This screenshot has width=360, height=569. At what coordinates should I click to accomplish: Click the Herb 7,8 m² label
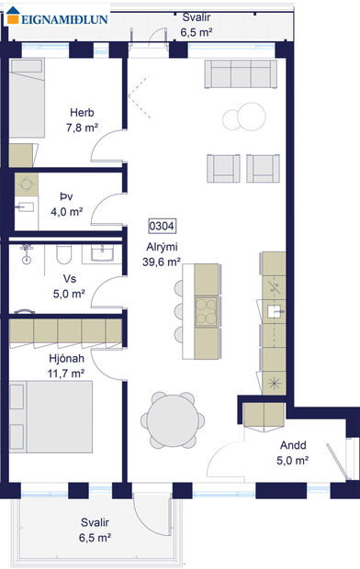pyautogui.click(x=82, y=120)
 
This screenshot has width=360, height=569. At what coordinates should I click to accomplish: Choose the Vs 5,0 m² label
pyautogui.click(x=69, y=287)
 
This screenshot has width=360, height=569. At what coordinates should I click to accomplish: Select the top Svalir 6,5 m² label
pyautogui.click(x=197, y=24)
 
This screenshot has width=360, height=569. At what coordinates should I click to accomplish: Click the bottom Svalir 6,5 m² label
pyautogui.click(x=95, y=530)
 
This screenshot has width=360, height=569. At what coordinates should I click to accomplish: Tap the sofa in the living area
pyautogui.click(x=241, y=73)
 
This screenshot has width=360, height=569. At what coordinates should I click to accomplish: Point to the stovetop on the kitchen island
pyautogui.click(x=208, y=308)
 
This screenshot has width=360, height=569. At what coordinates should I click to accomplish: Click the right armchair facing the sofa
pyautogui.click(x=264, y=166)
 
